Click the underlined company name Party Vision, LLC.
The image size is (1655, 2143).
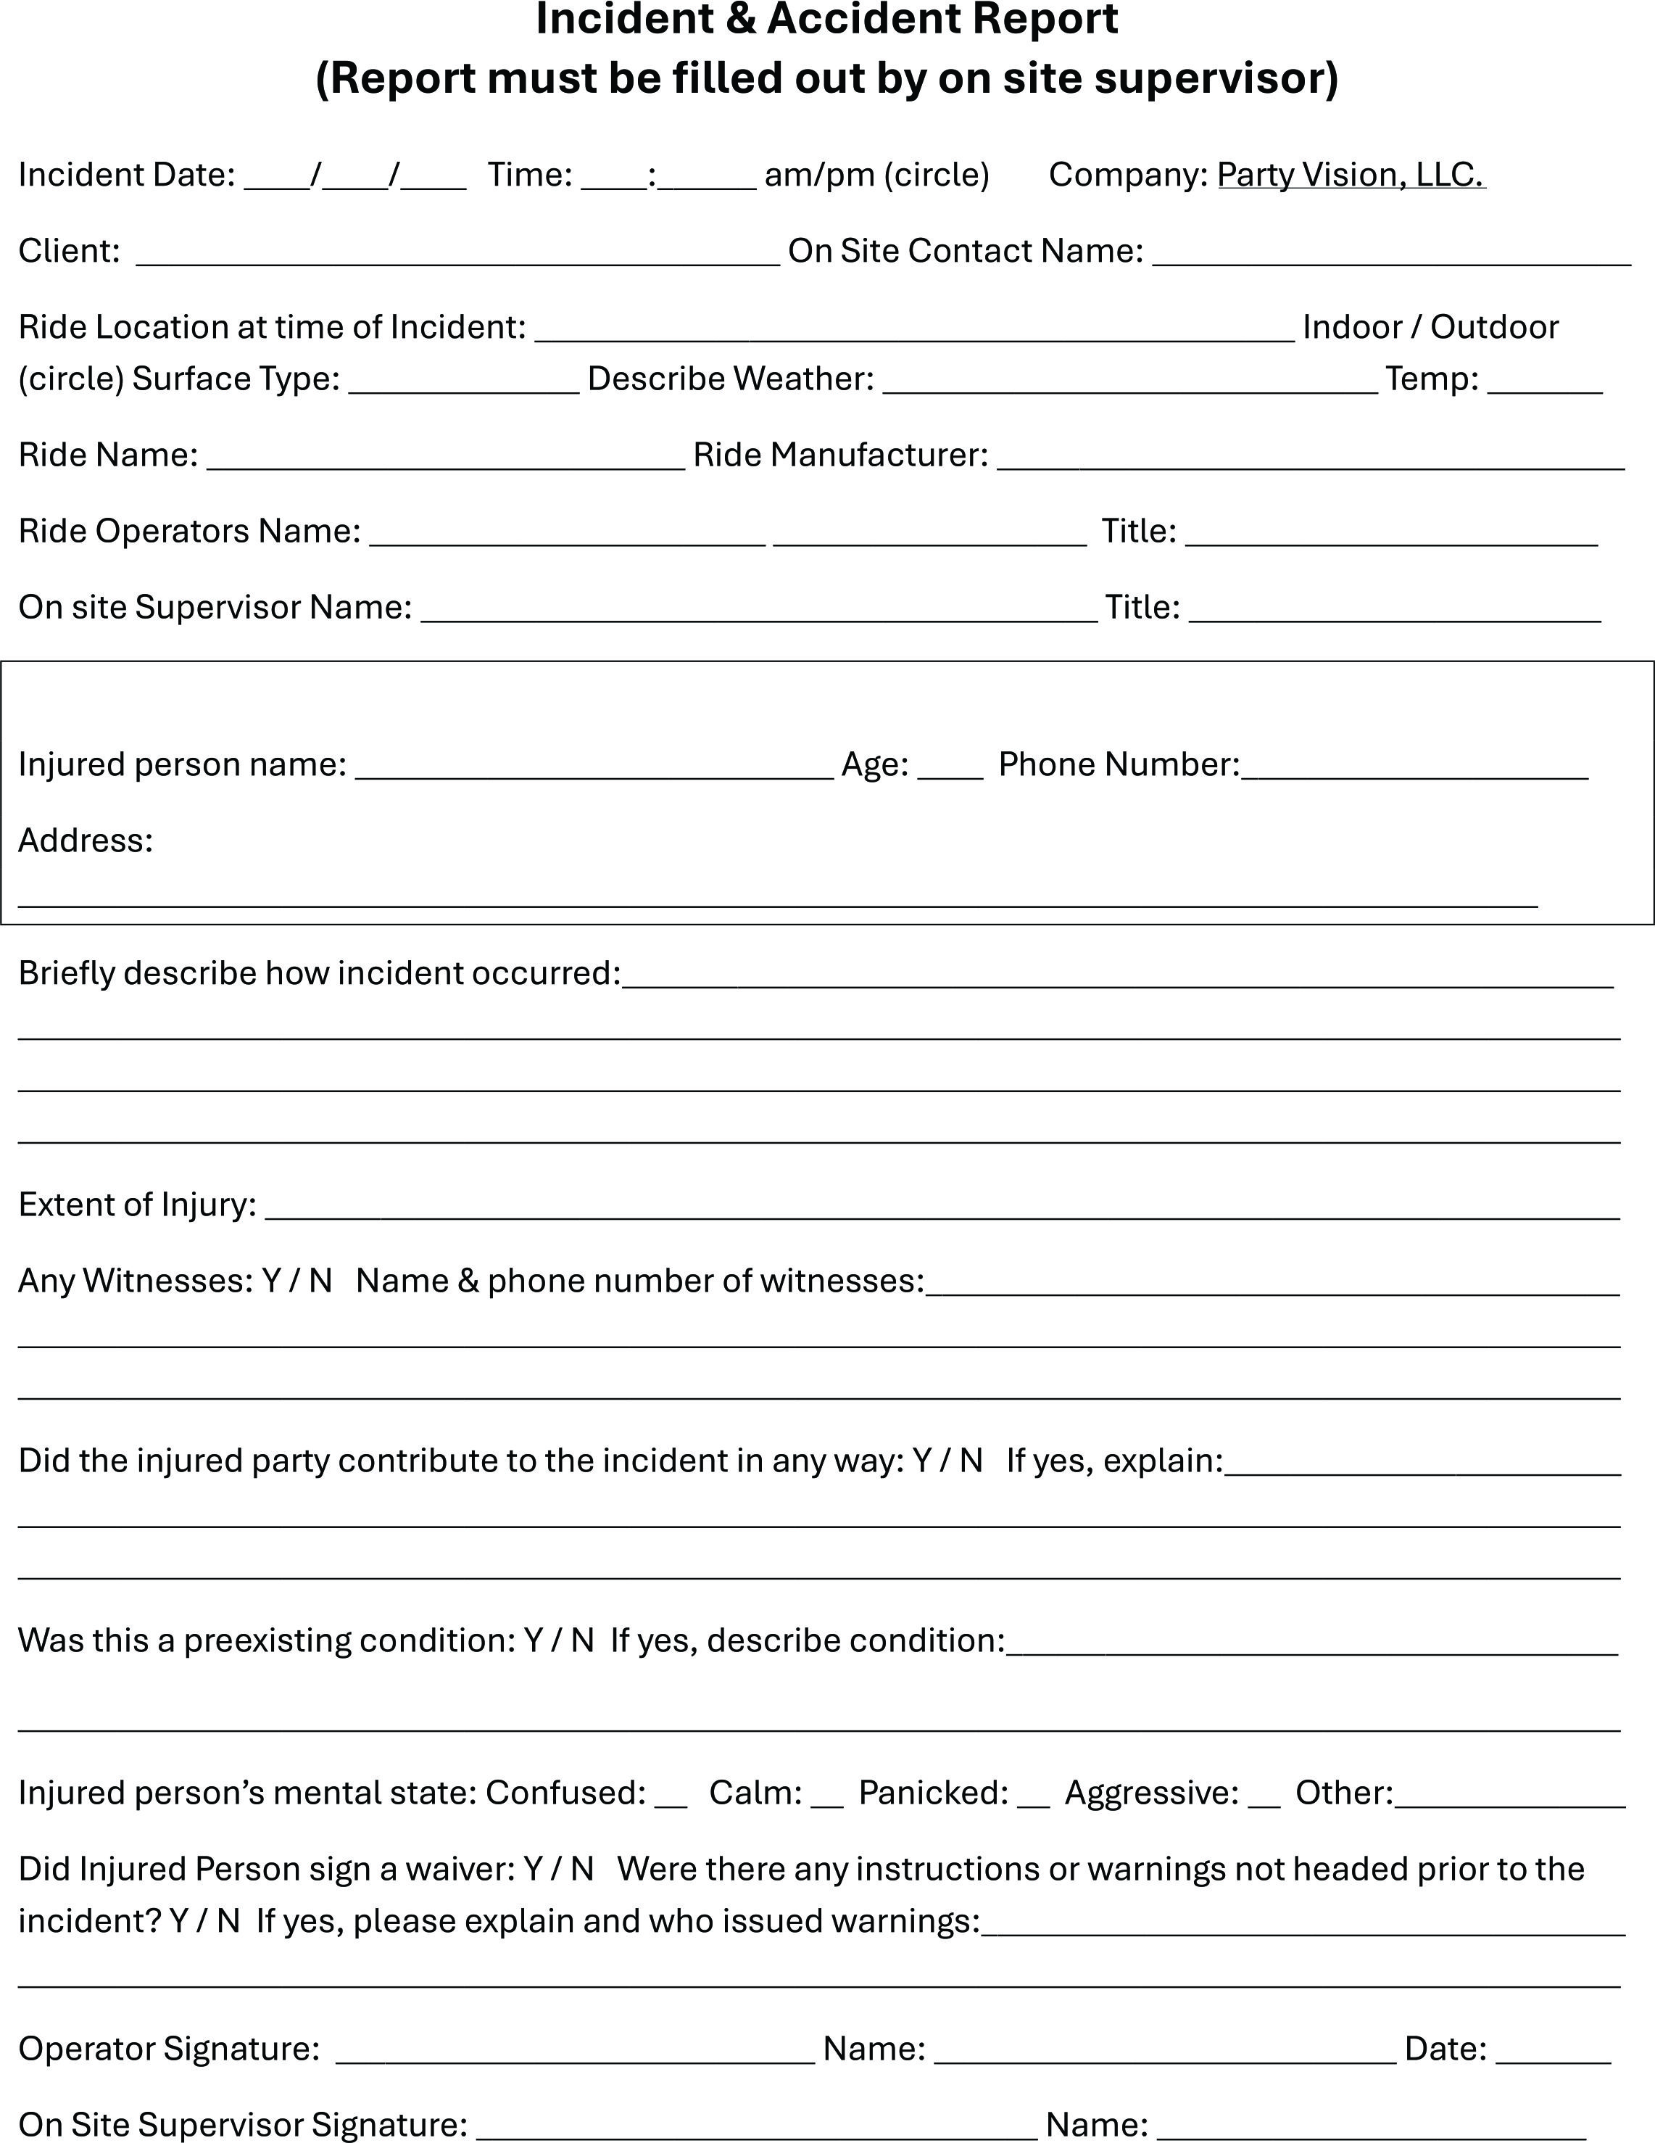pyautogui.click(x=1351, y=175)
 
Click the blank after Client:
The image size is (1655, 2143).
pyautogui.click(x=457, y=253)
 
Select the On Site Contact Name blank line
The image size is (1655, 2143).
pyautogui.click(x=1391, y=253)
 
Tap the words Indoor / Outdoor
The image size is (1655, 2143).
pyautogui.click(x=1430, y=327)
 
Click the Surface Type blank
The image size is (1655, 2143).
pyautogui.click(x=464, y=381)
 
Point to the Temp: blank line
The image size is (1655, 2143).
pyautogui.click(x=1544, y=381)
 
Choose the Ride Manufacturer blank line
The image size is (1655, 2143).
pyautogui.click(x=1311, y=458)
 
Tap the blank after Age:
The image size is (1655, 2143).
pyautogui.click(x=950, y=767)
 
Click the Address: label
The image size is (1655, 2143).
pyautogui.click(x=86, y=841)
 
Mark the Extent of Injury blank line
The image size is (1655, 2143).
pyautogui.click(x=942, y=1207)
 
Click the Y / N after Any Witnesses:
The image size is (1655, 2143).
pyautogui.click(x=297, y=1281)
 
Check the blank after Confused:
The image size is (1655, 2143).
pyautogui.click(x=671, y=1796)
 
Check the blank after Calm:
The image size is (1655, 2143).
pyautogui.click(x=827, y=1796)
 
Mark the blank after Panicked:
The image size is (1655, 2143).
pyautogui.click(x=1033, y=1796)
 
